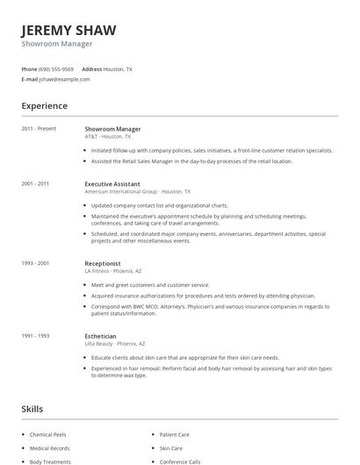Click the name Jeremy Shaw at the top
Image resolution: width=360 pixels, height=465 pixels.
tap(69, 30)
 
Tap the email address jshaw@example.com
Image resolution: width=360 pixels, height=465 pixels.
tap(64, 79)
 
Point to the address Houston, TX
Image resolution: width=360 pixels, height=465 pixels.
tap(118, 68)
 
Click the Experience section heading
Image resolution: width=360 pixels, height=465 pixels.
tap(45, 106)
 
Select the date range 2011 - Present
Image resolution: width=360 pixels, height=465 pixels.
tap(39, 129)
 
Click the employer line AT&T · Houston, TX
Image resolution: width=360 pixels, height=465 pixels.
tap(108, 137)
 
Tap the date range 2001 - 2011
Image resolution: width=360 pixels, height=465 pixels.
tap(35, 183)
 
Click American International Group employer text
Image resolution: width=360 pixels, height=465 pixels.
tap(120, 191)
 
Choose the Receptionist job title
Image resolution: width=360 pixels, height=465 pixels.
tap(103, 263)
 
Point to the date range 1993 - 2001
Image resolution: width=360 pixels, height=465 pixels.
tap(35, 263)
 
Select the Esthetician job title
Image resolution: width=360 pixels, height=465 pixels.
tap(100, 336)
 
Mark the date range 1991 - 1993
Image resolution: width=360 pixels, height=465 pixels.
tap(35, 336)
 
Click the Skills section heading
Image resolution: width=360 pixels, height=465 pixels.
tap(32, 409)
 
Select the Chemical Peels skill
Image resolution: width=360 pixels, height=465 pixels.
tap(47, 434)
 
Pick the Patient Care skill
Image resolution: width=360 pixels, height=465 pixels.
tap(174, 434)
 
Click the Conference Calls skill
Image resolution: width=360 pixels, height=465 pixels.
tap(180, 461)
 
